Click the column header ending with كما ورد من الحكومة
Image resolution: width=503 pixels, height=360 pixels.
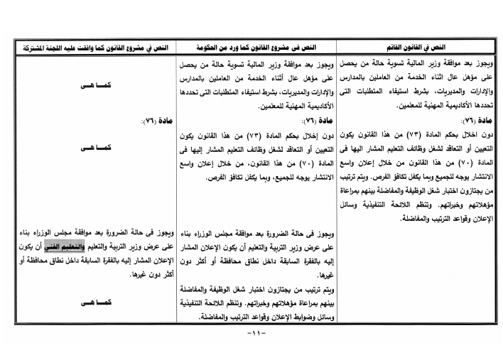tap(255, 47)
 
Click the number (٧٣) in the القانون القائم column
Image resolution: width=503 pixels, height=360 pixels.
tap(429, 134)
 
